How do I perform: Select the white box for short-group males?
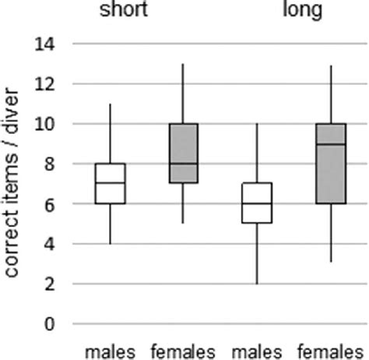click(110, 184)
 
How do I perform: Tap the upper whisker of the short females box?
click(183, 94)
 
